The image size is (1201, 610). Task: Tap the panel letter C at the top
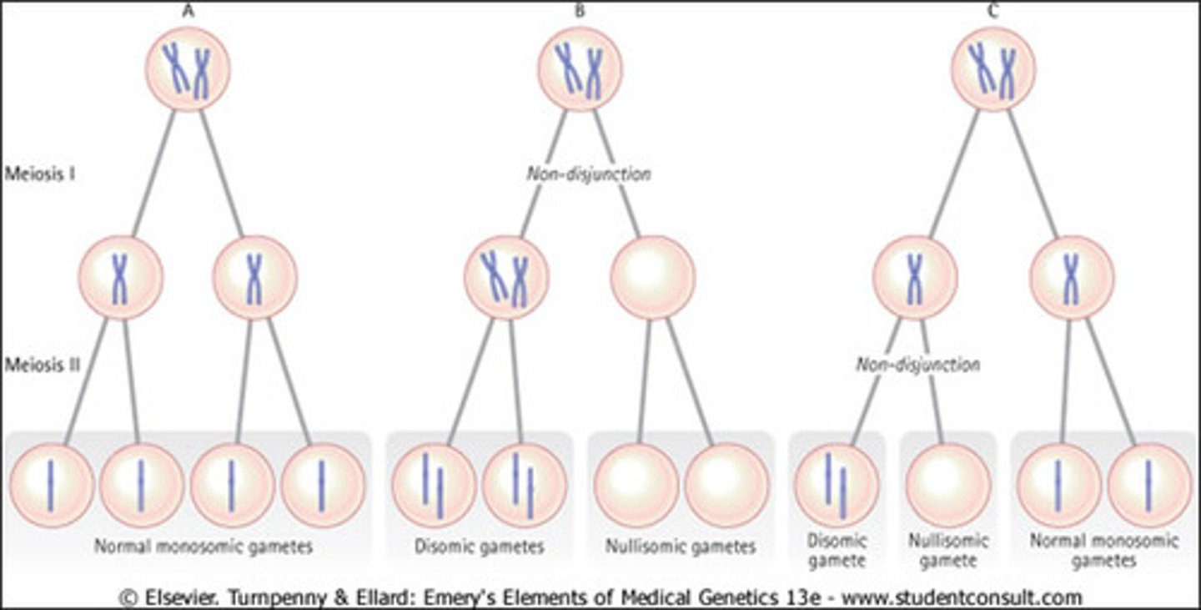tap(992, 12)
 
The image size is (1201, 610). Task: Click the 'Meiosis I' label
tap(40, 175)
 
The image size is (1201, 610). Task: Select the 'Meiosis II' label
tap(42, 365)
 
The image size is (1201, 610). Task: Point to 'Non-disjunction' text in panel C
tap(917, 365)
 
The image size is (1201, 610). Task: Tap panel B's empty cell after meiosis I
tap(652, 277)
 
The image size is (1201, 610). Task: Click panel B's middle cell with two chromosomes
tap(507, 277)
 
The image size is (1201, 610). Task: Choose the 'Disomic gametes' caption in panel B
tap(479, 547)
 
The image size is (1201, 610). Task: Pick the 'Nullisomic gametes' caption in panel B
tap(681, 547)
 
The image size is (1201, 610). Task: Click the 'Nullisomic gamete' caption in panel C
tap(947, 551)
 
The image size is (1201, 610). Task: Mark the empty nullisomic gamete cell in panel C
tap(947, 485)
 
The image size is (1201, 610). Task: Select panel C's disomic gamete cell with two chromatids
tap(837, 485)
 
